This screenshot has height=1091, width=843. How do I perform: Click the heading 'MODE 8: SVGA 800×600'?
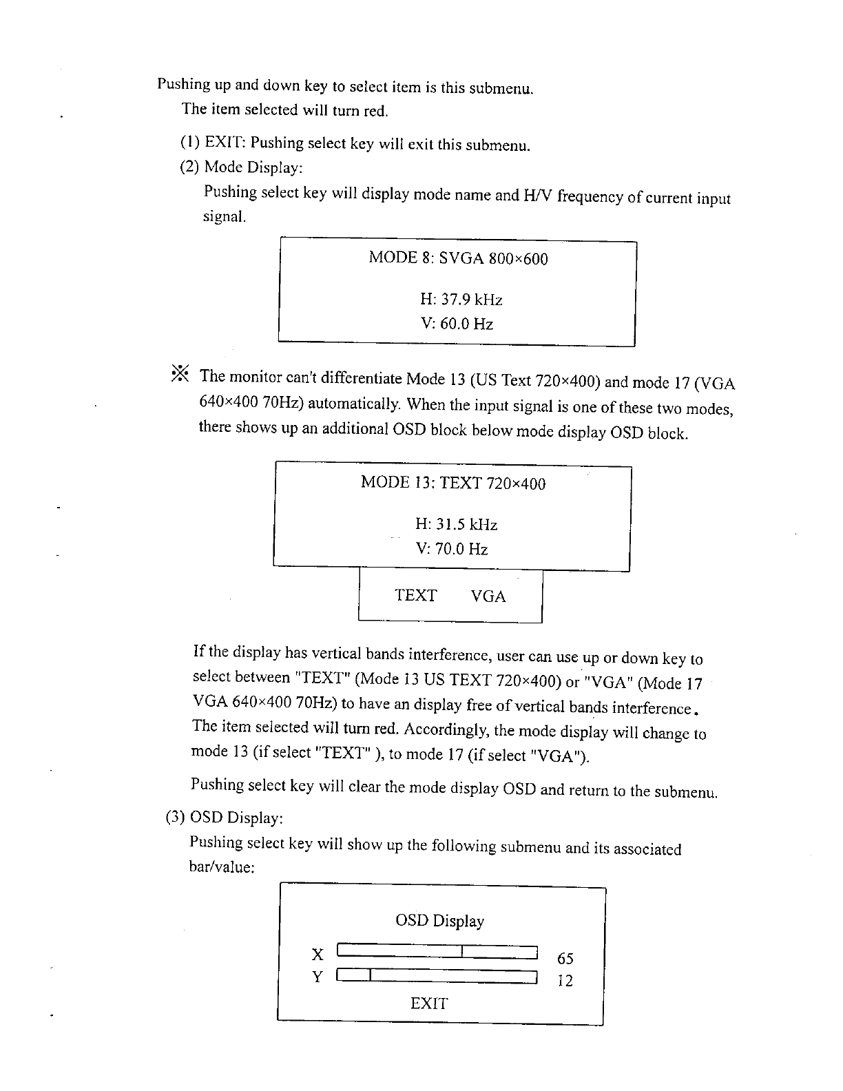click(x=458, y=258)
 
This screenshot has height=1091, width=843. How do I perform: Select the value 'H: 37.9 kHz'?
click(x=461, y=300)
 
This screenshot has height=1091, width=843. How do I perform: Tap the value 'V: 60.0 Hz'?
click(x=457, y=324)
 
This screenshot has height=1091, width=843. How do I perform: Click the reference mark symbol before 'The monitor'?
click(x=180, y=373)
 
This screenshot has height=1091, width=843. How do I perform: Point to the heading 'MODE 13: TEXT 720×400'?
click(x=452, y=483)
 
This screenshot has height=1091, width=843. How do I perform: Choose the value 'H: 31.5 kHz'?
click(x=456, y=525)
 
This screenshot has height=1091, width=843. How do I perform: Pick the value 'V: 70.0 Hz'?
click(x=452, y=549)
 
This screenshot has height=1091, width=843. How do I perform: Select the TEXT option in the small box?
click(x=415, y=595)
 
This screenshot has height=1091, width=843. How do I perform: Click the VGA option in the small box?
click(x=488, y=596)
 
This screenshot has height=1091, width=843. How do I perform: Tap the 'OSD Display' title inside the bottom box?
click(x=439, y=921)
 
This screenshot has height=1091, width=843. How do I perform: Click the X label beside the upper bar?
click(x=318, y=955)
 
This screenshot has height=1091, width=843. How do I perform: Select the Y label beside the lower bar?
click(x=318, y=977)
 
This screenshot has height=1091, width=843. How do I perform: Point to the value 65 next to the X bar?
click(x=565, y=959)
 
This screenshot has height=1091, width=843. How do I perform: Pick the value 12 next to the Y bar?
click(x=565, y=981)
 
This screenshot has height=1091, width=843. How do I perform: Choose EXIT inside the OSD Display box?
click(x=428, y=1004)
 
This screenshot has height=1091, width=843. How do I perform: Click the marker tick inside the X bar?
click(x=463, y=952)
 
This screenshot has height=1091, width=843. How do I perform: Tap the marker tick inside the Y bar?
click(x=371, y=974)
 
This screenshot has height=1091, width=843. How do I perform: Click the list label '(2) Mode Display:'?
click(x=240, y=167)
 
